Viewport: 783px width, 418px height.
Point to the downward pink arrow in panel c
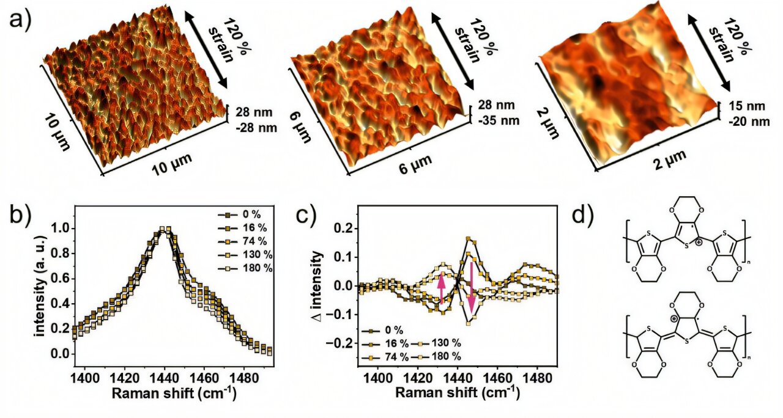click(x=471, y=286)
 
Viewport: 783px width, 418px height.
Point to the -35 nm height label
click(x=499, y=120)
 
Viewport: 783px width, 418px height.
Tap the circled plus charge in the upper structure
click(x=698, y=260)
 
